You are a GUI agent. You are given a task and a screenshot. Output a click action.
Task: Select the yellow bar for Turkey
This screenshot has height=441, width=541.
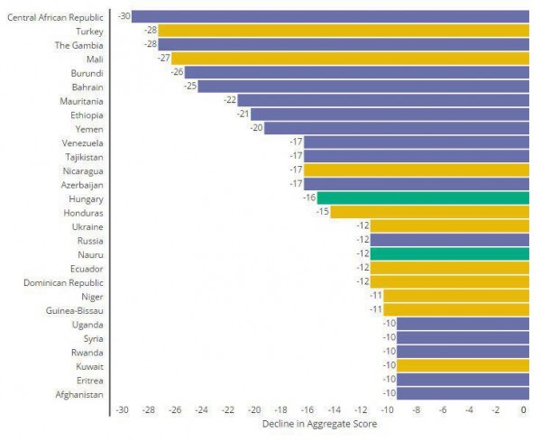[344, 31]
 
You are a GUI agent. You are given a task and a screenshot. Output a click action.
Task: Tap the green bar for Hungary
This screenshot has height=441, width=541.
[423, 198]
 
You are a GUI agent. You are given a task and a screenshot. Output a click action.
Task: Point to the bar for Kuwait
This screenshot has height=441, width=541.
[463, 366]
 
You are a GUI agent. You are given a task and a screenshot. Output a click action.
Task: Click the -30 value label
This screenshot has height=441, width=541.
[124, 16]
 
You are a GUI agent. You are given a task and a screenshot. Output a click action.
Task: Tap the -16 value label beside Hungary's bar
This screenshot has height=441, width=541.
[309, 198]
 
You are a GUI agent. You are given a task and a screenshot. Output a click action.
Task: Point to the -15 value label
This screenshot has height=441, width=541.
[323, 212]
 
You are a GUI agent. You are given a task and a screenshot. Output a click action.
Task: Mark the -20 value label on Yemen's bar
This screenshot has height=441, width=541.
[256, 128]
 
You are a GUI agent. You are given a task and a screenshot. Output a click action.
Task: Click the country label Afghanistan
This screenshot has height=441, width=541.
[79, 394]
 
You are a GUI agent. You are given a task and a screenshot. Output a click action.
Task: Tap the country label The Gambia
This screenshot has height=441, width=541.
[78, 45]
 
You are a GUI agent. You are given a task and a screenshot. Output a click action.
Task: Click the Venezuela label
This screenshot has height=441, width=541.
[82, 142]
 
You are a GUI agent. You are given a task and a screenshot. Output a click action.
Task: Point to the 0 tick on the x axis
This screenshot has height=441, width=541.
[524, 409]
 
